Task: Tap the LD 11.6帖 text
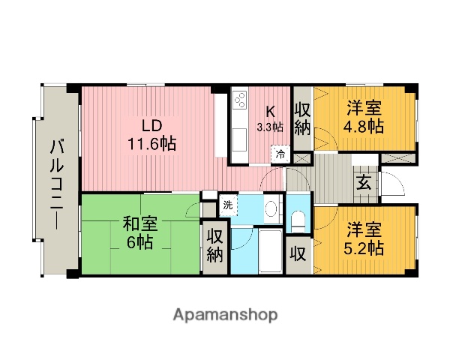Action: pyautogui.click(x=151, y=133)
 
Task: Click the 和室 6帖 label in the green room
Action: pyautogui.click(x=140, y=232)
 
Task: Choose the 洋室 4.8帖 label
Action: pyautogui.click(x=363, y=117)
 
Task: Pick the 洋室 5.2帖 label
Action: pyautogui.click(x=363, y=238)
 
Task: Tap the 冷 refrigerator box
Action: pyautogui.click(x=279, y=154)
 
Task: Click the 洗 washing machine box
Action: pyautogui.click(x=227, y=204)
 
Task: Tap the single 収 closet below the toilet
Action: pyautogui.click(x=298, y=253)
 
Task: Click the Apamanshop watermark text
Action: pyautogui.click(x=225, y=313)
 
